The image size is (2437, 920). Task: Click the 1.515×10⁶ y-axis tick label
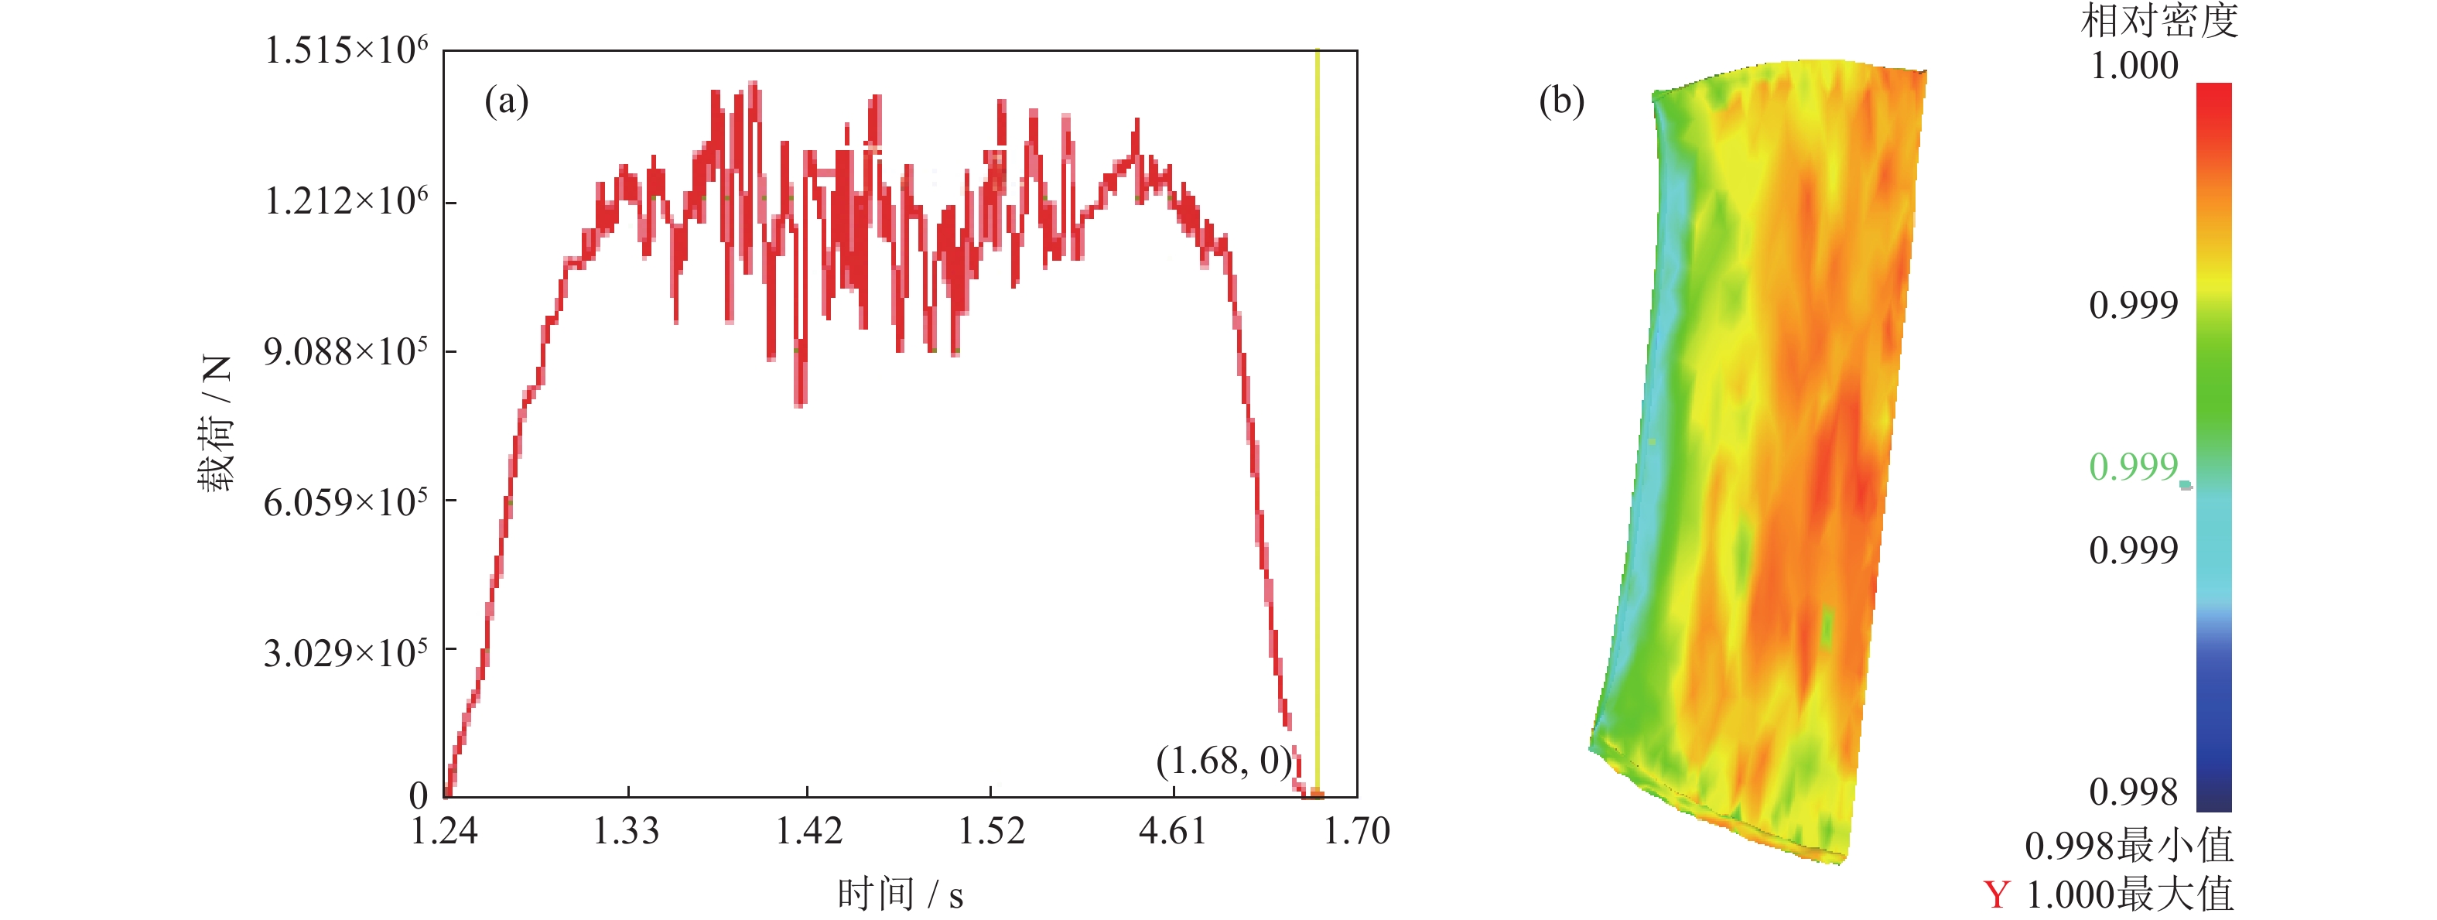point(345,51)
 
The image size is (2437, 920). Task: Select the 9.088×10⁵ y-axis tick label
point(345,352)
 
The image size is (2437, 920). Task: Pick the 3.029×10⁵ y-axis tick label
point(345,653)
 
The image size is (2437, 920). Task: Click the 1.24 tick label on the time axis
point(444,831)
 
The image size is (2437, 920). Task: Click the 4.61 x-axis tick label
point(1173,831)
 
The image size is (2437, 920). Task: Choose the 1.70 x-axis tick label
point(1355,831)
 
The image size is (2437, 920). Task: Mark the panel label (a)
point(506,101)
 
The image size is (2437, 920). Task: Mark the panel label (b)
point(1561,101)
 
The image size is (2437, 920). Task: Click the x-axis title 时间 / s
point(900,894)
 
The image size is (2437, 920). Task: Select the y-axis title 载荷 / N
point(216,423)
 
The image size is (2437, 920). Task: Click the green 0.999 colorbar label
point(2133,467)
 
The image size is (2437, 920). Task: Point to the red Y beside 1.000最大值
point(1996,894)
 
